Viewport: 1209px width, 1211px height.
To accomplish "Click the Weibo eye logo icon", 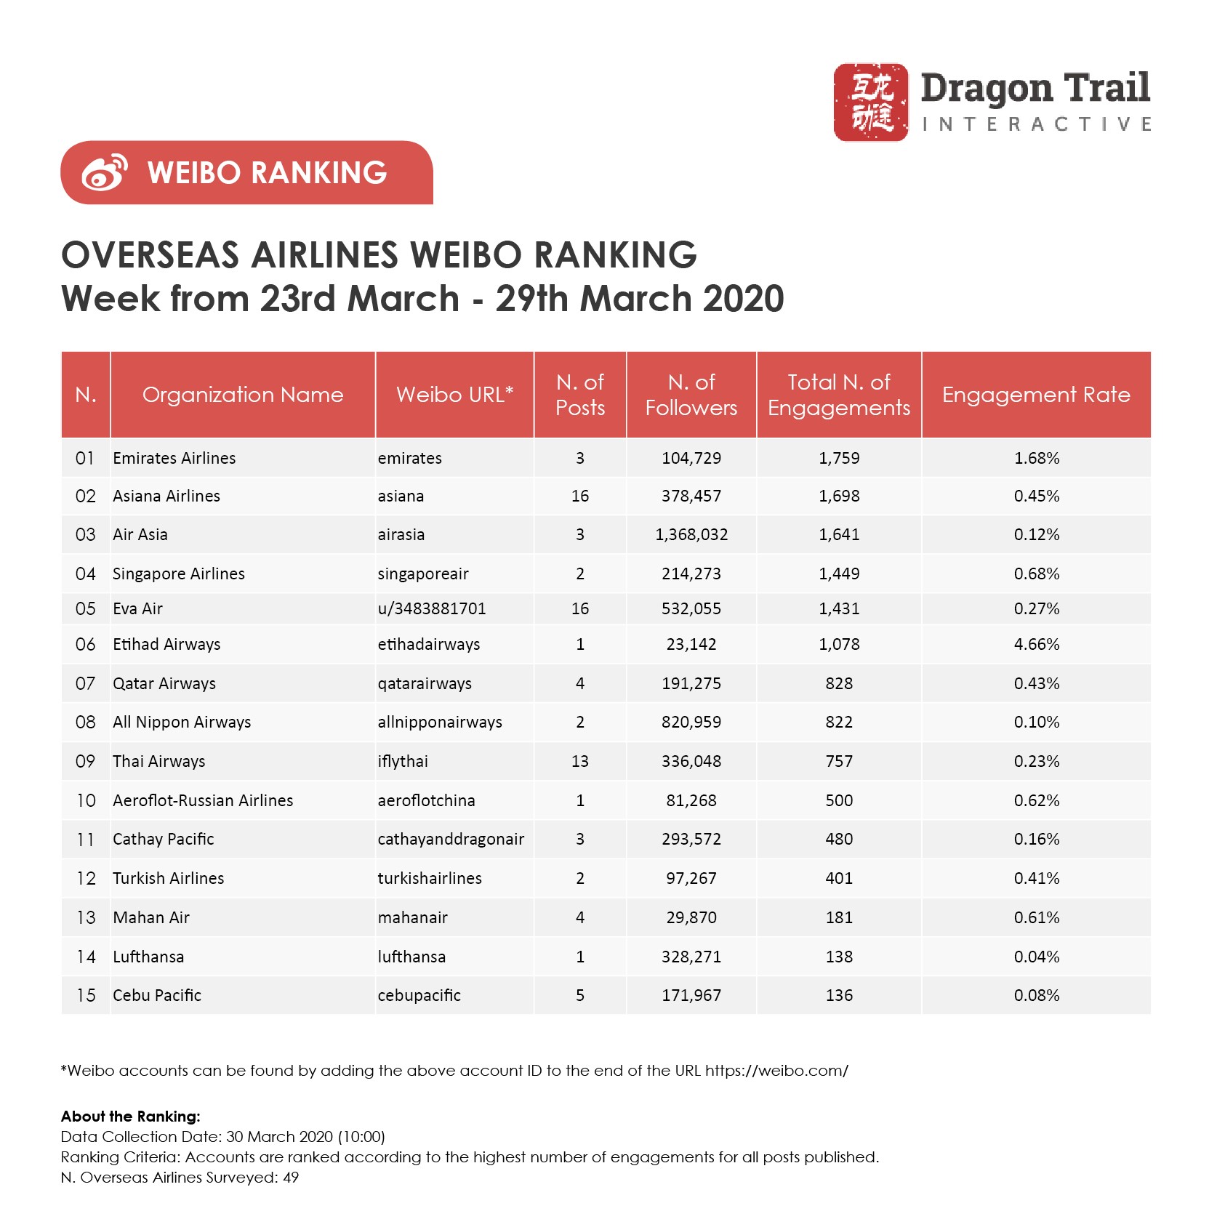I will point(105,173).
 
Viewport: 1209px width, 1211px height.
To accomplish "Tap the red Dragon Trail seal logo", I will point(870,102).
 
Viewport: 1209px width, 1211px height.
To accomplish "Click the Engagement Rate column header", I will point(1036,395).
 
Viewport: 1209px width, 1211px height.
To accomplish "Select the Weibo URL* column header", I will point(454,395).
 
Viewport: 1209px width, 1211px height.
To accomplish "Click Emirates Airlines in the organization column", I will point(174,458).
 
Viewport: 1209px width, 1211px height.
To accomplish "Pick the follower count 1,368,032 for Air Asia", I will point(691,535).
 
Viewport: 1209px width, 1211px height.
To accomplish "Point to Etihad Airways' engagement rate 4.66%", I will point(1037,644).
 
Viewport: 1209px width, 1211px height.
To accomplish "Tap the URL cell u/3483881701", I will point(432,608).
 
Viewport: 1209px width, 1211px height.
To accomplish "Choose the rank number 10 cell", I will point(86,800).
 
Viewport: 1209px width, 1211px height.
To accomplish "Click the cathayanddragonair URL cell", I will point(451,839).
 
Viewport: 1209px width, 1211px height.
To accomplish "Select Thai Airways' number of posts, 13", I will point(580,761).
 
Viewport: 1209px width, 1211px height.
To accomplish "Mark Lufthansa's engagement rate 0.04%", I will point(1037,957).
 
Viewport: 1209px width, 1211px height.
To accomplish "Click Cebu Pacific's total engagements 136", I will point(839,995).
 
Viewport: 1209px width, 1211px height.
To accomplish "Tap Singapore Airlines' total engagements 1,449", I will point(839,574).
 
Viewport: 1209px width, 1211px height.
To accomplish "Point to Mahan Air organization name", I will point(151,917).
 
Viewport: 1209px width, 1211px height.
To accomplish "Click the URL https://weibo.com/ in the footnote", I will point(776,1071).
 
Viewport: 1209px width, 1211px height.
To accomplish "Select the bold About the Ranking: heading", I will point(131,1117).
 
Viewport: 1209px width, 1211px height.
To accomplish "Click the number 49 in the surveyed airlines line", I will point(291,1178).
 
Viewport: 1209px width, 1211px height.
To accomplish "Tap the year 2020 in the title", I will point(744,299).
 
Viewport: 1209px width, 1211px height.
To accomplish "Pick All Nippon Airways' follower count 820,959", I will point(691,722).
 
